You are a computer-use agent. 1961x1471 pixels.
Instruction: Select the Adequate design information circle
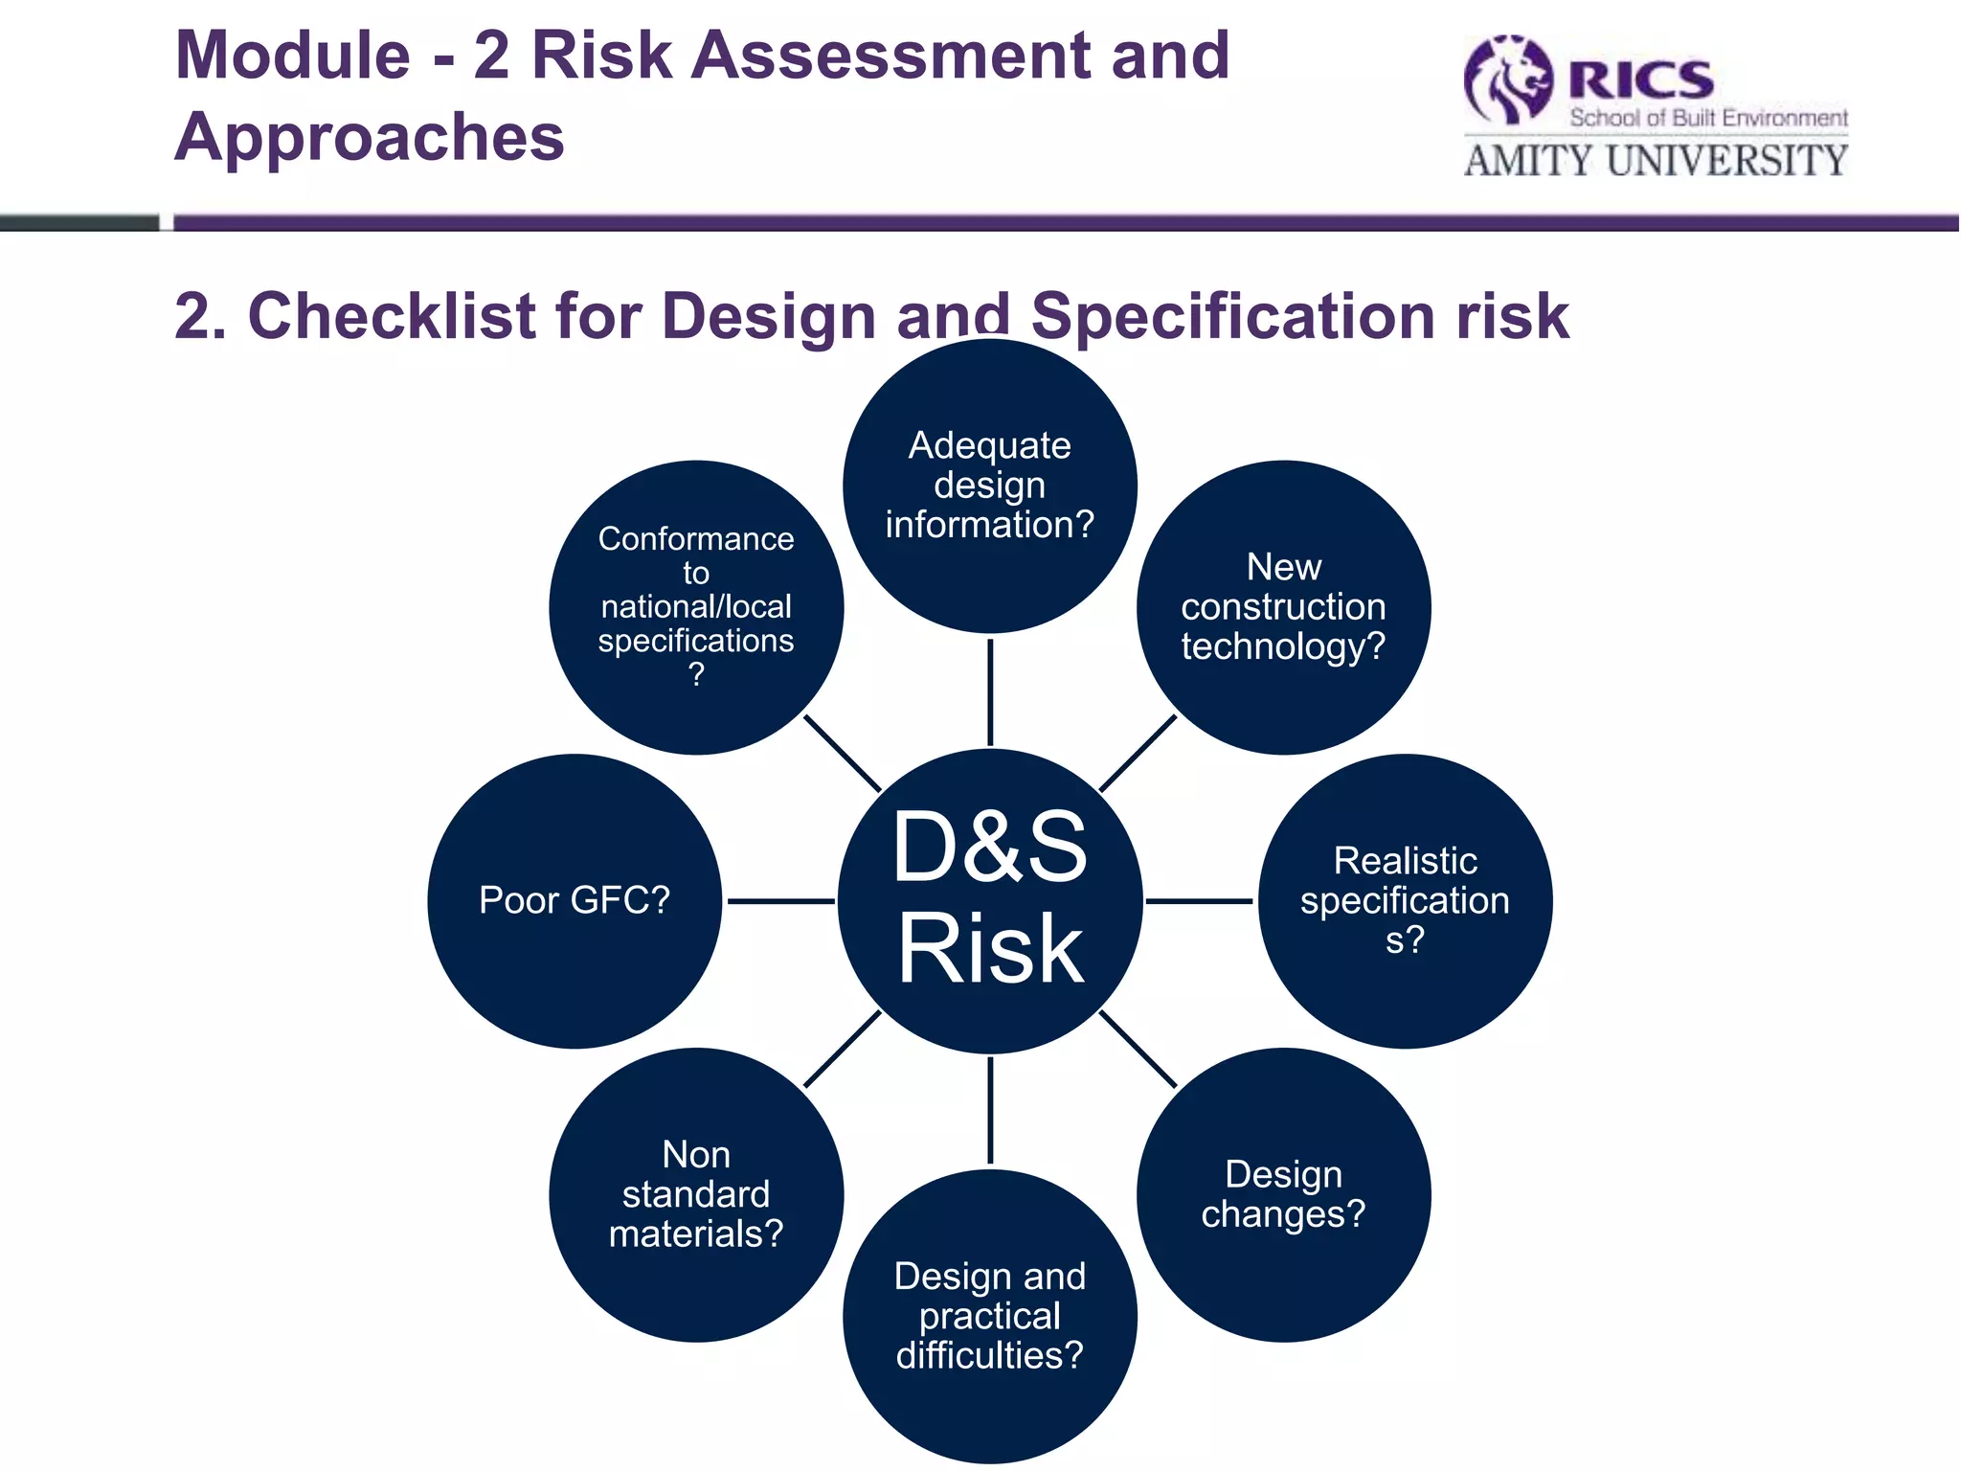[x=990, y=486]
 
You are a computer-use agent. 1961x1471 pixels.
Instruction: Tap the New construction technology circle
[x=1283, y=607]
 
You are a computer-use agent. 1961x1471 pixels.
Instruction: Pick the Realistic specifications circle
[x=1405, y=900]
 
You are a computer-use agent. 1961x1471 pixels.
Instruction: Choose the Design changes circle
[x=1283, y=1194]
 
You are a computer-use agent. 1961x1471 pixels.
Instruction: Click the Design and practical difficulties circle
[x=990, y=1316]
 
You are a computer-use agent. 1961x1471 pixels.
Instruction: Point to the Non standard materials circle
[x=696, y=1194]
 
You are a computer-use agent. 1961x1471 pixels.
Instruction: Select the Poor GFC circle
[x=575, y=900]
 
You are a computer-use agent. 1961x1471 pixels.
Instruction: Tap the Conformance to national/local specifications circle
[x=696, y=607]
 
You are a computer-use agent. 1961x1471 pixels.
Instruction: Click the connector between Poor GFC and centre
[x=780, y=901]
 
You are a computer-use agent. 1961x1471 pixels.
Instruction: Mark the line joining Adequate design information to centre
[x=990, y=691]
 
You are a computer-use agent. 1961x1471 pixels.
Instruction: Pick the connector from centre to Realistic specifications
[x=1199, y=901]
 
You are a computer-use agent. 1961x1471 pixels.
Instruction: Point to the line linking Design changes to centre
[x=1138, y=1049]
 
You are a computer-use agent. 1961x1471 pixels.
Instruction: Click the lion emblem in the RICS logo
[x=1507, y=80]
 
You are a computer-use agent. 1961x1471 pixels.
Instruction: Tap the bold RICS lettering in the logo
[x=1640, y=79]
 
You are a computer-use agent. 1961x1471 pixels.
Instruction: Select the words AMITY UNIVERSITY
[x=1656, y=160]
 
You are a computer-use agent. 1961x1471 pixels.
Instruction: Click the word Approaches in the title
[x=370, y=137]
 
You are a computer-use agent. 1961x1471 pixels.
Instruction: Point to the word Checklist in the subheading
[x=392, y=316]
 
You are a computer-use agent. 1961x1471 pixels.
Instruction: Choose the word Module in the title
[x=293, y=56]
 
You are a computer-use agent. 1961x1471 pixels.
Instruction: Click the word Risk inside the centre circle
[x=990, y=948]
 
